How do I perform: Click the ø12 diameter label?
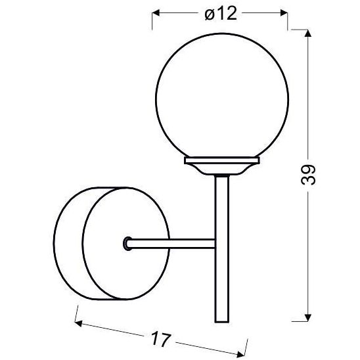220,13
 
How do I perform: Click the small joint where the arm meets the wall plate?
127,244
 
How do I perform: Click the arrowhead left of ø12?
157,12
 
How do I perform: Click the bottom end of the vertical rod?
221,321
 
